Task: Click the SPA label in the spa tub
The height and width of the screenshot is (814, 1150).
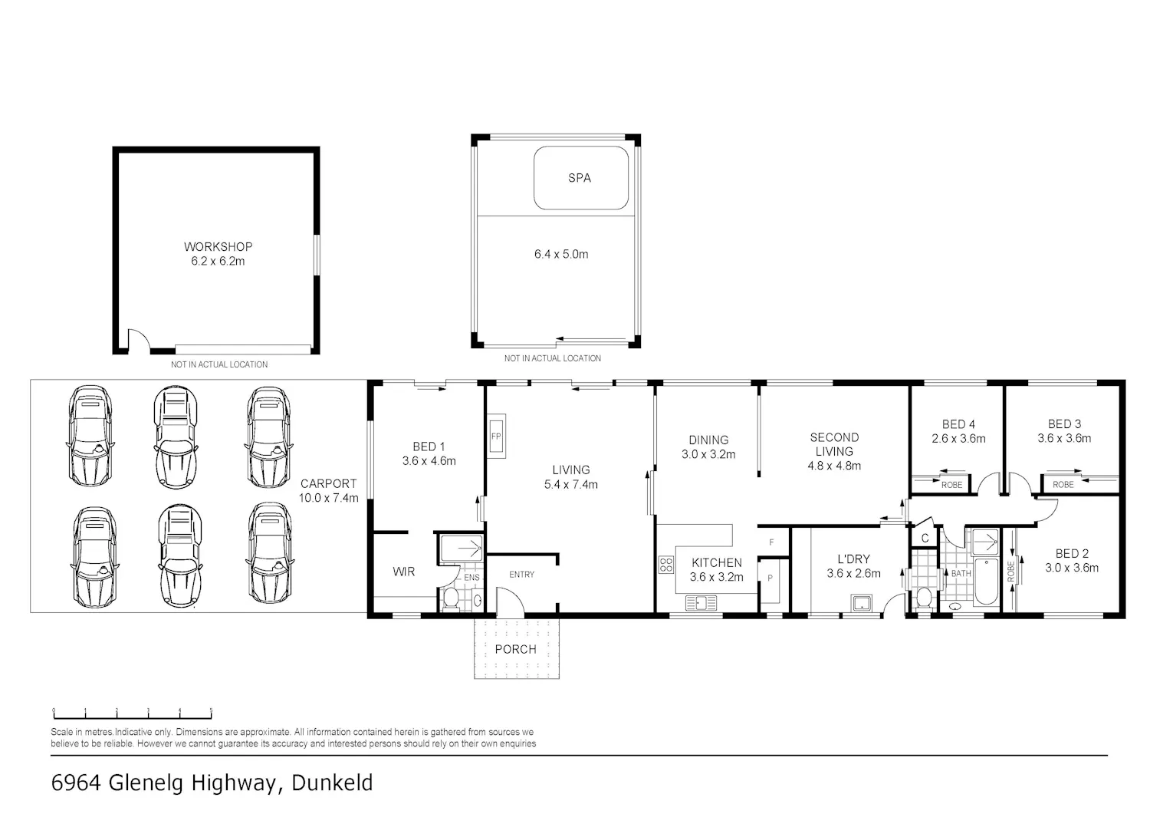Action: [579, 178]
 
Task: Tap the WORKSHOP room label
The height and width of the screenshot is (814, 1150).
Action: [219, 247]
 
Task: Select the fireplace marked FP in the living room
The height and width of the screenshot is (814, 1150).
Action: [496, 437]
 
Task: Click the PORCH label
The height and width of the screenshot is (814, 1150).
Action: [515, 649]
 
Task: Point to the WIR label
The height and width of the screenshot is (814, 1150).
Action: [403, 572]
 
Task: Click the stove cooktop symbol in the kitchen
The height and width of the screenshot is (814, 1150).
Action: [666, 565]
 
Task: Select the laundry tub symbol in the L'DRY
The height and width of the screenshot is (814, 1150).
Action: [861, 603]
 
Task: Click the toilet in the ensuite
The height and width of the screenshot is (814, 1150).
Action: [452, 599]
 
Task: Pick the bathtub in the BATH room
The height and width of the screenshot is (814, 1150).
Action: [986, 582]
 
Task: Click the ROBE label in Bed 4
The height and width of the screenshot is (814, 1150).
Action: [952, 485]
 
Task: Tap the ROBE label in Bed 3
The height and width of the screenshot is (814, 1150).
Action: [1063, 485]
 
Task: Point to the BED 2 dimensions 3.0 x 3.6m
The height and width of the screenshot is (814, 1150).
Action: [1072, 568]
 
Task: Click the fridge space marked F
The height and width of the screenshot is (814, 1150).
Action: [771, 542]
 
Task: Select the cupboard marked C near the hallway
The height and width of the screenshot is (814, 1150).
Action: [925, 538]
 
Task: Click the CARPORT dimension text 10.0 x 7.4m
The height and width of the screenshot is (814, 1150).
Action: [329, 497]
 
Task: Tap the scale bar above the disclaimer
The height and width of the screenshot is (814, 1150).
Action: [133, 714]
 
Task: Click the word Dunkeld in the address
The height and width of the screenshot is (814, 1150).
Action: [332, 783]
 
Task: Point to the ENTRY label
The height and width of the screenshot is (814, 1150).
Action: [521, 575]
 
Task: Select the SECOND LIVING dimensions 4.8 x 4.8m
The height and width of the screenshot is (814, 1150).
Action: [834, 466]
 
